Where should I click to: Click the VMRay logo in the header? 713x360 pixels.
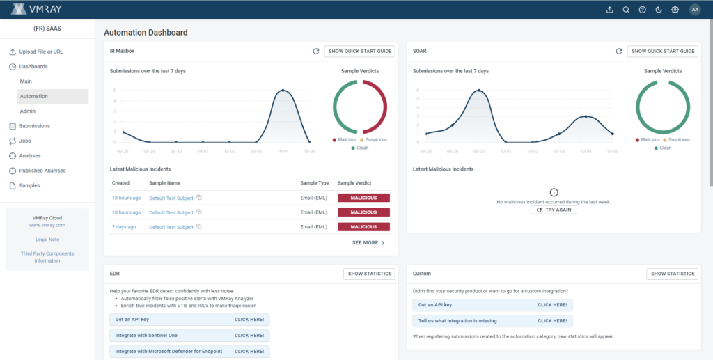coord(40,9)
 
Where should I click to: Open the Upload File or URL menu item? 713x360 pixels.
coord(40,52)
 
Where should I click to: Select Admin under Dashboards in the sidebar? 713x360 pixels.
coord(28,111)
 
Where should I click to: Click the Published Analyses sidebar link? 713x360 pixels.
coord(42,171)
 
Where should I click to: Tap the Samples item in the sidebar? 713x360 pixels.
coord(30,186)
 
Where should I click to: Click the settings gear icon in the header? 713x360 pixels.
coord(675,10)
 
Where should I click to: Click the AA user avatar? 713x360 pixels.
coord(694,10)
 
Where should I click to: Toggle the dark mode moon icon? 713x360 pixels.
coord(658,10)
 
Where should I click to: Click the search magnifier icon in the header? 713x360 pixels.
coord(626,10)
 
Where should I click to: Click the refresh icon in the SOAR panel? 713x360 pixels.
coord(618,52)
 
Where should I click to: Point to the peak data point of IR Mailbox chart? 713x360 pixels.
coord(283,91)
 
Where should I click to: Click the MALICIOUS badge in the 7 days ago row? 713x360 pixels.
coord(363,227)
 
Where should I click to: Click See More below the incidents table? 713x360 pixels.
coord(368,243)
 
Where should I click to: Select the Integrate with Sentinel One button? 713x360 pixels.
coord(189,336)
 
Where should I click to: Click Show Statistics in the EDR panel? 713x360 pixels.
coord(370,274)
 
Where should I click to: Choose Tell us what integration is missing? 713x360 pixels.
coord(492,321)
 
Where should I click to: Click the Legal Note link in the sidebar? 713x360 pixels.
coord(47,240)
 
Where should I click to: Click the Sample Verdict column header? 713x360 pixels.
coord(355,182)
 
